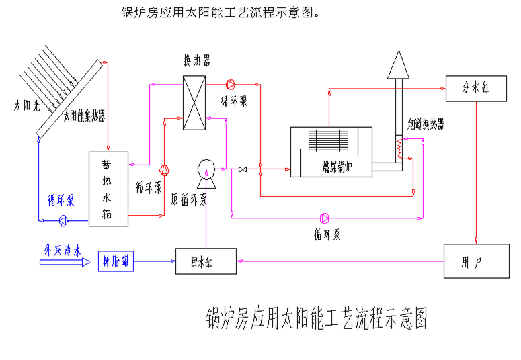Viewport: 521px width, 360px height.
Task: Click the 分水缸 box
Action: tap(475, 88)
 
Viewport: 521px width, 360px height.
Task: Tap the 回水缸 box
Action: tap(205, 261)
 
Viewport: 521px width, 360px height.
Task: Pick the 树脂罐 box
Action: tap(116, 261)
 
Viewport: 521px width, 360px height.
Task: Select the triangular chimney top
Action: tap(397, 64)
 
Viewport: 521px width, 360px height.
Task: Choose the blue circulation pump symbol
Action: tap(63, 219)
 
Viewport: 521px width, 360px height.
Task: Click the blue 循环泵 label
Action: tap(60, 200)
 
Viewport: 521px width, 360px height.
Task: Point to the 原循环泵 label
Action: tap(188, 199)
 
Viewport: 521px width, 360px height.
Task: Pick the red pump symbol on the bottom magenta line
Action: tap(325, 218)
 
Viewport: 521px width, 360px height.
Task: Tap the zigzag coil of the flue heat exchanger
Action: tap(398, 148)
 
